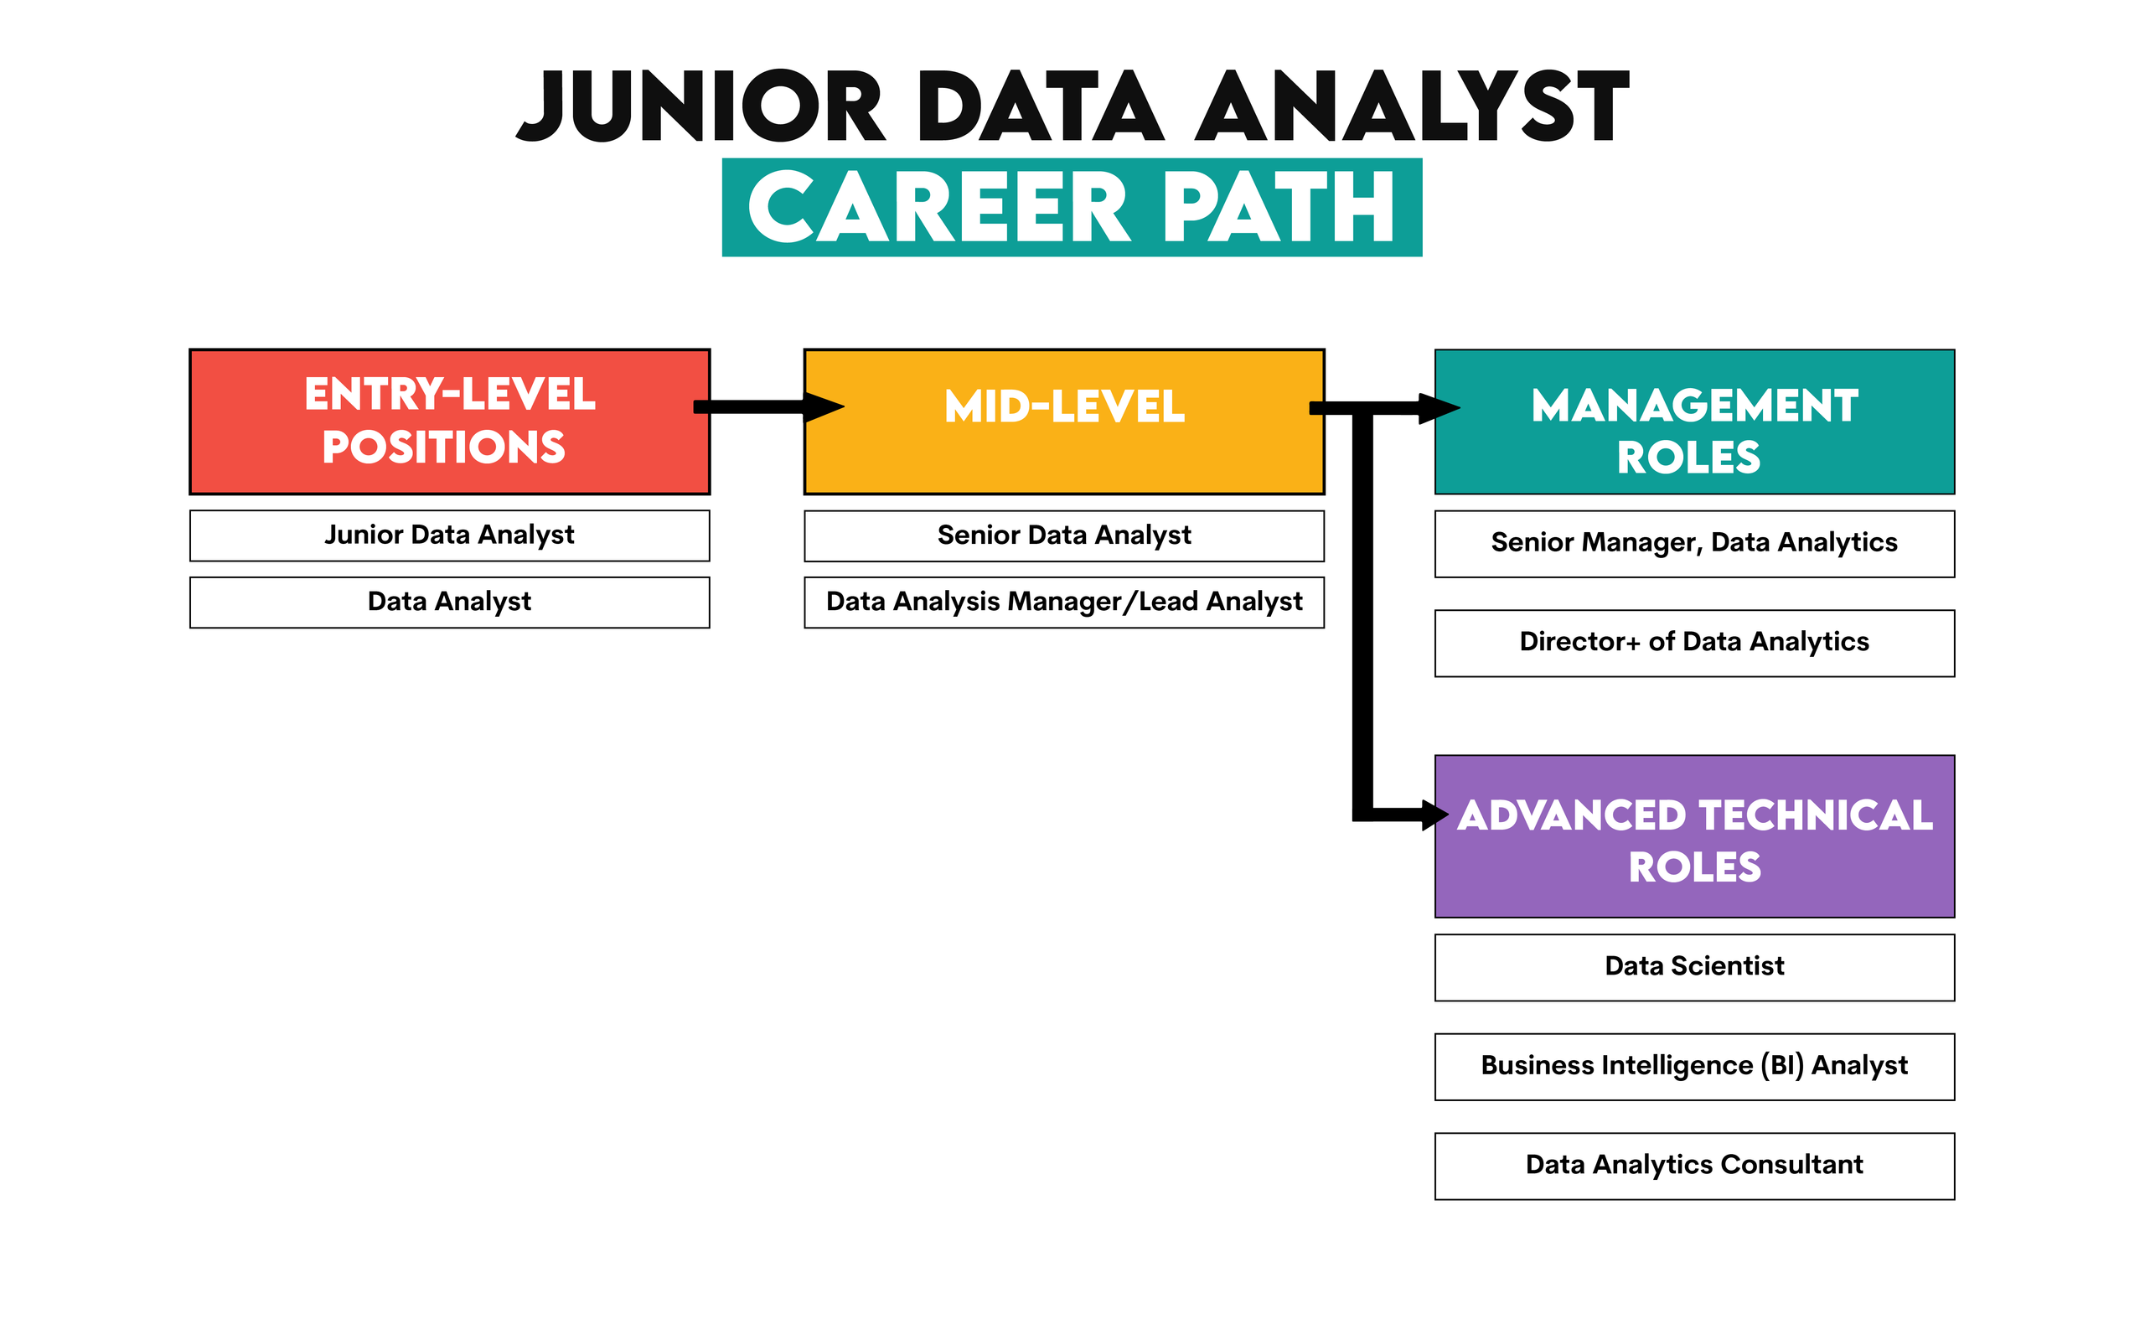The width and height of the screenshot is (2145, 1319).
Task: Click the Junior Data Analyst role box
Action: coord(449,535)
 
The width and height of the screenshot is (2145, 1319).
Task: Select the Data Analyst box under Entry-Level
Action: coord(449,602)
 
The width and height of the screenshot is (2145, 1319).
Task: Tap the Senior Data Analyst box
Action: coord(1063,535)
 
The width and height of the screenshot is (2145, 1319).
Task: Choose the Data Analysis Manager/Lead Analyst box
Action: coord(1063,602)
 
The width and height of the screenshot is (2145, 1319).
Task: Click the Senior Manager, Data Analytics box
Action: coord(1693,544)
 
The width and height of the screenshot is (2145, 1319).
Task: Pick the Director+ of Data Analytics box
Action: coord(1693,643)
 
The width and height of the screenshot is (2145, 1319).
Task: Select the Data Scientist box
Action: coord(1693,966)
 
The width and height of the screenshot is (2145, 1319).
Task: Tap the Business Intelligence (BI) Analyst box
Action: coord(1693,1066)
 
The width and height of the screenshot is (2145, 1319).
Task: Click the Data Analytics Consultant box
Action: coord(1693,1166)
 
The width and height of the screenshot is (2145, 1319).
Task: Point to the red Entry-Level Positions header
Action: coord(449,422)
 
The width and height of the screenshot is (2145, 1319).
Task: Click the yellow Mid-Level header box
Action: coord(1063,422)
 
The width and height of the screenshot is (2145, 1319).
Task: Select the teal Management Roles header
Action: coord(1693,422)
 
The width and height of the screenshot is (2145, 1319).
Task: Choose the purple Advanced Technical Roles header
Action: coord(1693,835)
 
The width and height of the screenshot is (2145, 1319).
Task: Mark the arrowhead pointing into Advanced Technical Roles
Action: coord(1434,815)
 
